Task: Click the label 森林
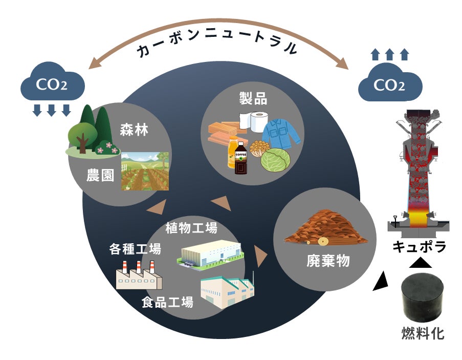click(134, 130)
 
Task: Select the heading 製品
click(254, 98)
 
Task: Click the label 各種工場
click(135, 249)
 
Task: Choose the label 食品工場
click(167, 302)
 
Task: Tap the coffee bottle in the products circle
click(240, 159)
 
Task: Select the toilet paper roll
click(254, 121)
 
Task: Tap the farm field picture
click(145, 171)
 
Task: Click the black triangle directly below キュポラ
click(420, 263)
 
